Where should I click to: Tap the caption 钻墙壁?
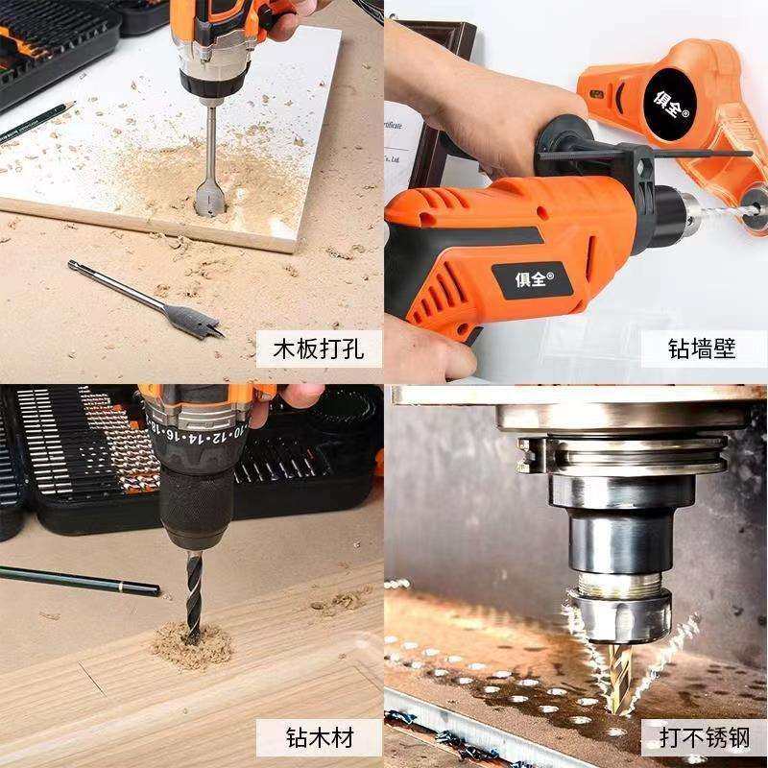click(702, 348)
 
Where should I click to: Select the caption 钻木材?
click(320, 736)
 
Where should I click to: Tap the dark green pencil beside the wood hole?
click(77, 580)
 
